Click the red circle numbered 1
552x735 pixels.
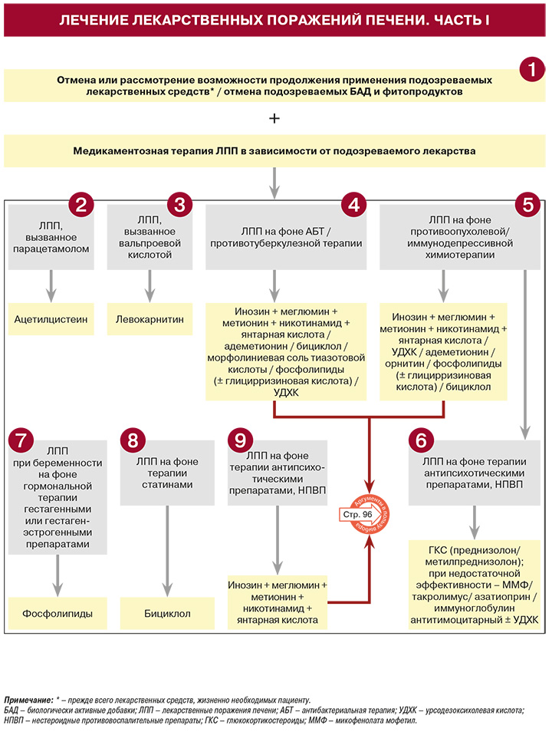click(532, 69)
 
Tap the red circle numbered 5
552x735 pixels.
click(527, 205)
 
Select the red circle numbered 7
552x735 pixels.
click(21, 440)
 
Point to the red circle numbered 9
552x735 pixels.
click(241, 440)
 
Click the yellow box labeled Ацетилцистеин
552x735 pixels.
click(51, 319)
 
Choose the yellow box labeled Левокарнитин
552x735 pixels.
click(149, 319)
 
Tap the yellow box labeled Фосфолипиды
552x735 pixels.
click(58, 613)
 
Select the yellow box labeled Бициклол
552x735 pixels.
click(167, 613)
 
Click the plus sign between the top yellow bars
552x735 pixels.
click(274, 118)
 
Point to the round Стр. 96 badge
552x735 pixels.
click(363, 514)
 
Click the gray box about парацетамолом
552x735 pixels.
click(51, 237)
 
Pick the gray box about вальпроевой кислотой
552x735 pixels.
click(149, 237)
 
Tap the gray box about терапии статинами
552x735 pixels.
click(167, 473)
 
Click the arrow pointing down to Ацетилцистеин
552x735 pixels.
click(51, 286)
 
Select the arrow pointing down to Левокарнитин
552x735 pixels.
click(149, 286)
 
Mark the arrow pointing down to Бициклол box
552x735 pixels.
click(167, 551)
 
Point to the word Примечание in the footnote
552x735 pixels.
click(28, 700)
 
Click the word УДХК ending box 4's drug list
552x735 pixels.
click(286, 392)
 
